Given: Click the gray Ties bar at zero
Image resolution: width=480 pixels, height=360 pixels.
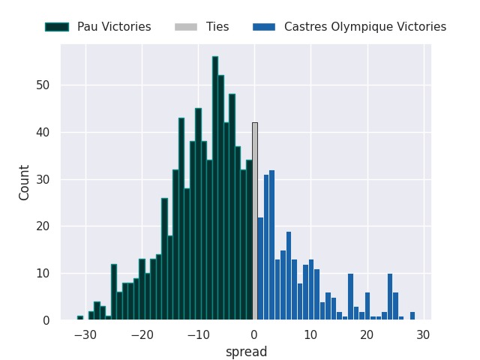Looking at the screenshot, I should coord(255,221).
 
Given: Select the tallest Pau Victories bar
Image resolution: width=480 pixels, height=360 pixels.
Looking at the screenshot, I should coord(215,188).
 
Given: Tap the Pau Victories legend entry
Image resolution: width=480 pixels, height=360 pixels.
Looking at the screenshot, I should coord(97,27).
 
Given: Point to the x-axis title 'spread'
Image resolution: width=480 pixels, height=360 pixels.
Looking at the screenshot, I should coord(247,352).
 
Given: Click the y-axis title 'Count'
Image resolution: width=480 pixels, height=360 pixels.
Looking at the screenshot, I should coord(25,182).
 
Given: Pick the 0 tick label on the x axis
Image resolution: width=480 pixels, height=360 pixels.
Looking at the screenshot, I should coord(254,335).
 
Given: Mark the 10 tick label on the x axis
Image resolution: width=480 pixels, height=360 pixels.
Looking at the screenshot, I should coord(310,335).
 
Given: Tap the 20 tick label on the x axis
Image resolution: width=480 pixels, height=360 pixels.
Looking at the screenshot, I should coord(367,335).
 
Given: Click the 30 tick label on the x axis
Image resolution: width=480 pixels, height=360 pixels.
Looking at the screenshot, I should coord(423,335).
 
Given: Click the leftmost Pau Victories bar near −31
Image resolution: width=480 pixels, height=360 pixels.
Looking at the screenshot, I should coord(80,318).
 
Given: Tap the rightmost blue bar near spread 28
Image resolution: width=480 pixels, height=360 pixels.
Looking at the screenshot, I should coord(412,316).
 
